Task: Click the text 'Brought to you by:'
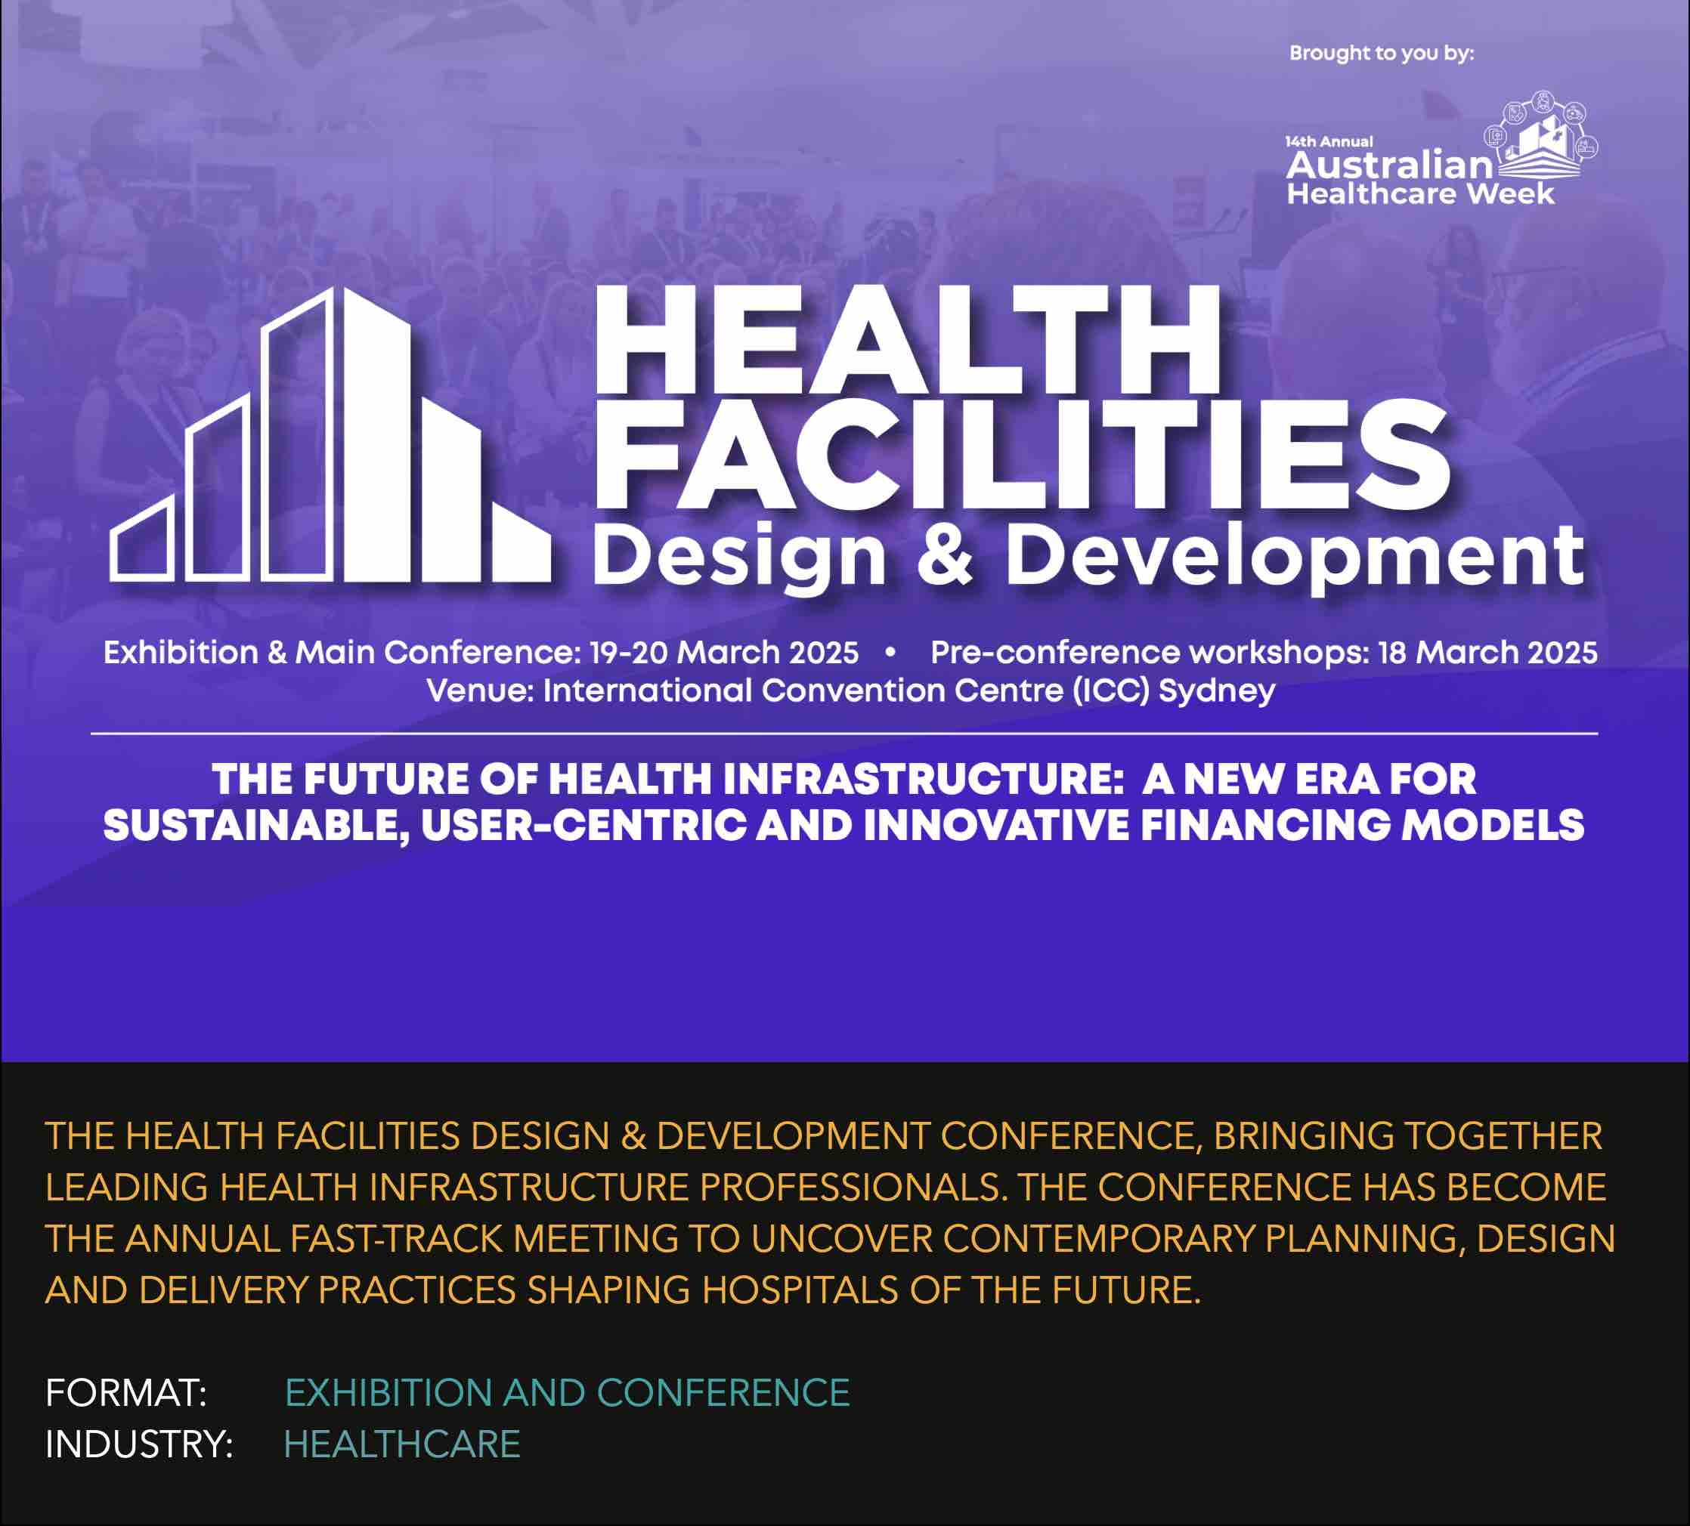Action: (1382, 53)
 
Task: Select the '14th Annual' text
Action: (1329, 141)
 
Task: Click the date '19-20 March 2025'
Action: (724, 652)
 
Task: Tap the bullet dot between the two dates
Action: (890, 651)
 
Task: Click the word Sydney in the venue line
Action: (1217, 691)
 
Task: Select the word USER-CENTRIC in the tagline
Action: (583, 826)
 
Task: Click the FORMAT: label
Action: (125, 1393)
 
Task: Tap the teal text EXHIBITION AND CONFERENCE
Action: (568, 1393)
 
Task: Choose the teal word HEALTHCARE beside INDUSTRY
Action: (402, 1444)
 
